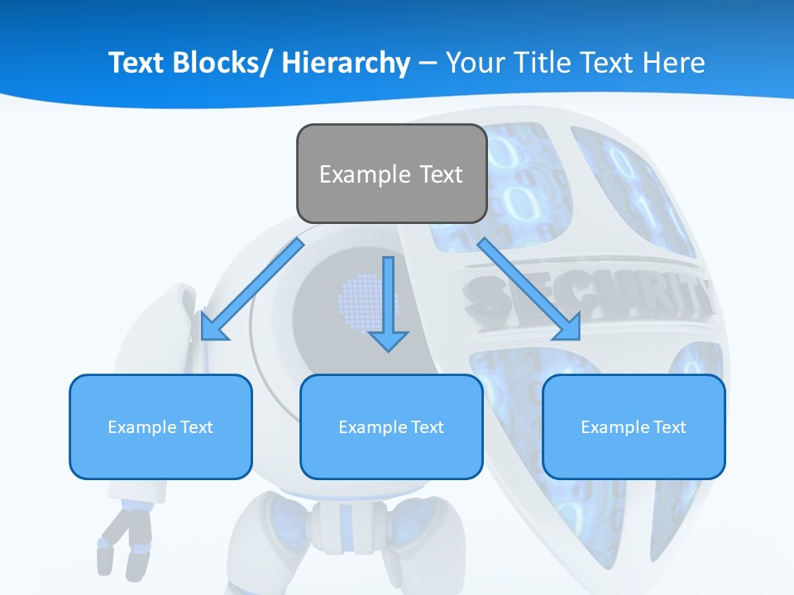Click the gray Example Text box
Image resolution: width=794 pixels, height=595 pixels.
tap(391, 174)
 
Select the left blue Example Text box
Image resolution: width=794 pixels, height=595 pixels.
tap(160, 426)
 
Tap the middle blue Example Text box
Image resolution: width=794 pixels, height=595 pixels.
tap(391, 426)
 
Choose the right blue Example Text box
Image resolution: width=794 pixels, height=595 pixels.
tap(634, 426)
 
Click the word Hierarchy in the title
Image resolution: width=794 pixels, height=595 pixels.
tap(346, 63)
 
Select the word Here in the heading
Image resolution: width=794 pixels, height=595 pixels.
tap(675, 63)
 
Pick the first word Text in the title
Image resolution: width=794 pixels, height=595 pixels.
tap(137, 63)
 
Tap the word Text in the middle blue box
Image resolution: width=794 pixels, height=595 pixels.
tap(427, 426)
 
